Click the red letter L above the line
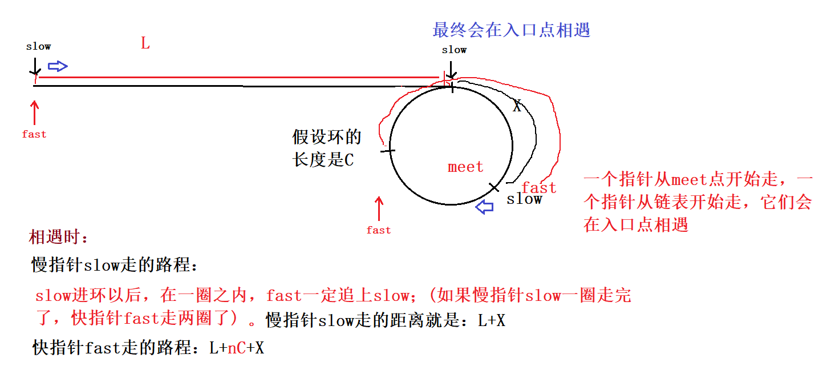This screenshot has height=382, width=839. pos(145,43)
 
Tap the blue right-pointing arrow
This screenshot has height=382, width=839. pos(58,66)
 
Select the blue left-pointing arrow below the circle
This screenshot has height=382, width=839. pos(484,207)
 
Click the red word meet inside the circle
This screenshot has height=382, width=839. pos(465,167)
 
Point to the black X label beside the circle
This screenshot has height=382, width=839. pos(517,106)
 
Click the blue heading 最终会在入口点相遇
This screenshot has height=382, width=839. pos(511,30)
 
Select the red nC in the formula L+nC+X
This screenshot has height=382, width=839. pos(237,348)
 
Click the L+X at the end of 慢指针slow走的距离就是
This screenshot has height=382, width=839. pos(492,320)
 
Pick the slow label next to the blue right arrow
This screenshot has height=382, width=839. pos(38,46)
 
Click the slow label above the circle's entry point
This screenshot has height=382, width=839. pos(454,50)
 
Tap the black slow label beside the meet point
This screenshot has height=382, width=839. pos(524,199)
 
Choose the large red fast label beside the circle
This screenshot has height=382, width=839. pos(538,187)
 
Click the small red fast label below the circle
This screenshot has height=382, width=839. pos(379,230)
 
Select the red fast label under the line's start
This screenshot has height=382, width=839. pos(34,135)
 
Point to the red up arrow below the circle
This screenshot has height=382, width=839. pos(379,209)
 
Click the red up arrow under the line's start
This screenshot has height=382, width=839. pos(35,112)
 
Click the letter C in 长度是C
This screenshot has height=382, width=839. pos(349,160)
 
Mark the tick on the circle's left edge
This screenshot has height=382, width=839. pos(388,150)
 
